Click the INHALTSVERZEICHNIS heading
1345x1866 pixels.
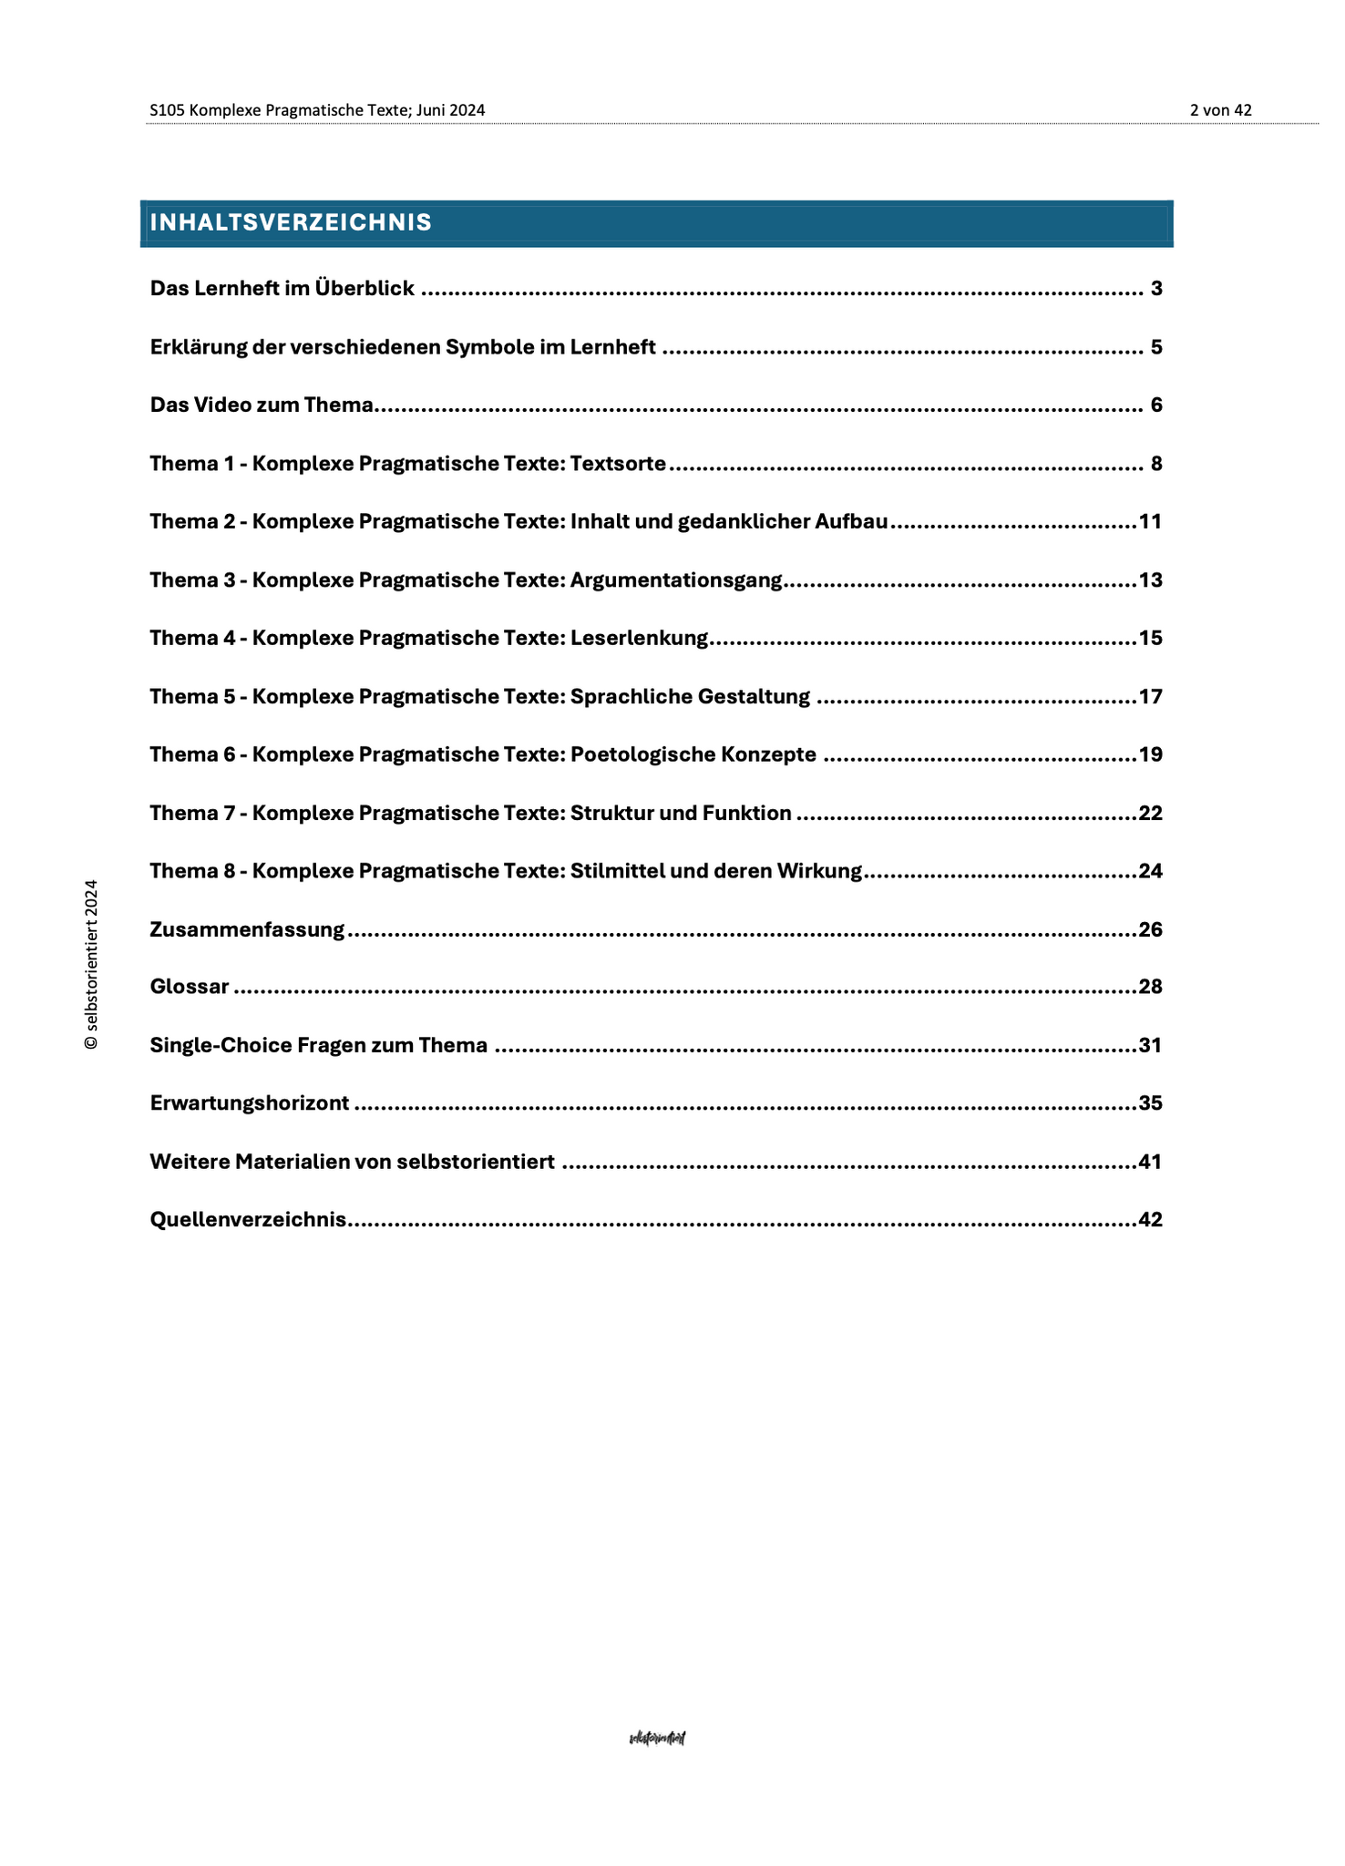pyautogui.click(x=291, y=223)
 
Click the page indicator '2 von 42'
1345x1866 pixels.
pyautogui.click(x=1220, y=110)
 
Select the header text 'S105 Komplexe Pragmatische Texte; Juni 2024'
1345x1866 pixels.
pyautogui.click(x=317, y=110)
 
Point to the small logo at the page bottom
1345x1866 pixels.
pyautogui.click(x=657, y=1738)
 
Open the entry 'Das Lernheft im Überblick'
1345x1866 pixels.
pyautogui.click(x=282, y=289)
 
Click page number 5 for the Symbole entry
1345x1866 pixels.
pyautogui.click(x=1155, y=347)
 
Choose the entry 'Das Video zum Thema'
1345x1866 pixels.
pyautogui.click(x=262, y=405)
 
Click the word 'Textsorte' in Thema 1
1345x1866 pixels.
pyautogui.click(x=618, y=464)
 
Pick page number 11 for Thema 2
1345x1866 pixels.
pyautogui.click(x=1150, y=522)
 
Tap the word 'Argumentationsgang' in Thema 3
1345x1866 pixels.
pyautogui.click(x=676, y=580)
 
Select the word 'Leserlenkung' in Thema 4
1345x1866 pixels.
pyautogui.click(x=639, y=638)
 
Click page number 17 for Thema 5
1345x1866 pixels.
pyautogui.click(x=1150, y=697)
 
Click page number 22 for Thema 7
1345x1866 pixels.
pyautogui.click(x=1150, y=813)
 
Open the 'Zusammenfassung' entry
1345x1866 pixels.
pyautogui.click(x=247, y=929)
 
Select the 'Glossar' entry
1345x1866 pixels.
pyautogui.click(x=190, y=987)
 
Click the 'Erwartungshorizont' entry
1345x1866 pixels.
pyautogui.click(x=249, y=1103)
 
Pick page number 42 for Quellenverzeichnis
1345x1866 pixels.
pyautogui.click(x=1150, y=1220)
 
